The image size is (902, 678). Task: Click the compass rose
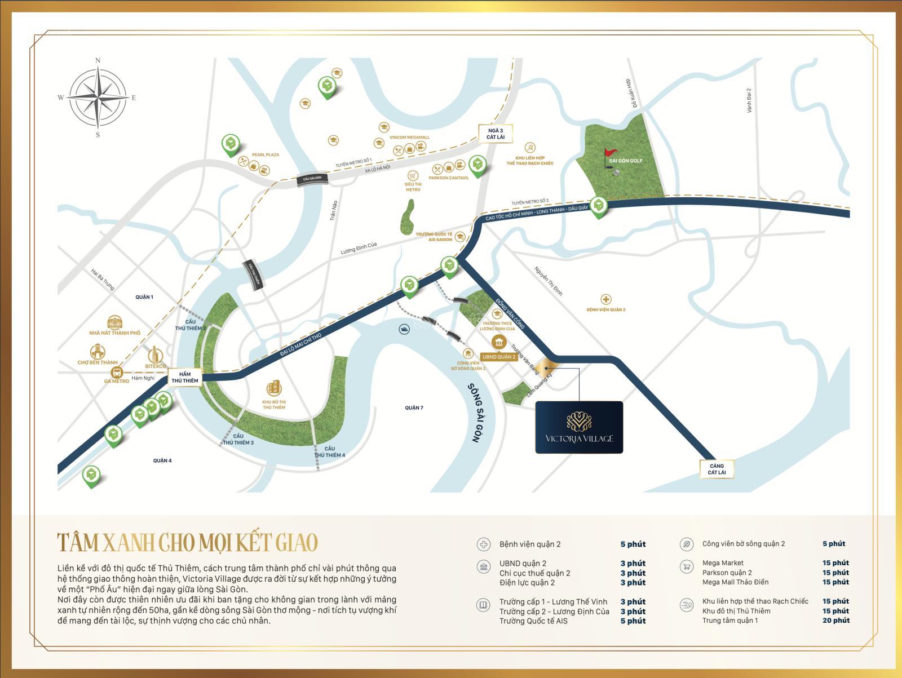[98, 97]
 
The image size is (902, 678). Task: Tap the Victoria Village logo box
[579, 427]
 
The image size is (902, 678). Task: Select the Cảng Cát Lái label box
[717, 469]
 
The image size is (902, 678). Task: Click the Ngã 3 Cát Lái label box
[496, 134]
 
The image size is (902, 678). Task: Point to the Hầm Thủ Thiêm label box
[185, 377]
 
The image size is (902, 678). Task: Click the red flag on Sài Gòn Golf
[611, 153]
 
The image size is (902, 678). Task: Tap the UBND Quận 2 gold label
[499, 357]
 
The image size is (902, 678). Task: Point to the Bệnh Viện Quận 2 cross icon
[605, 299]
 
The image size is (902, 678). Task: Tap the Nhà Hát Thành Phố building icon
[114, 322]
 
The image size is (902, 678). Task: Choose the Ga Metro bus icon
[117, 372]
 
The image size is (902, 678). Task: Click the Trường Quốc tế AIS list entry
[533, 621]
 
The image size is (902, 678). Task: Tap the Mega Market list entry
[723, 562]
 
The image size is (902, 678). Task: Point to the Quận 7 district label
[414, 407]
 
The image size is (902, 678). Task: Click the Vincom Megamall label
[409, 138]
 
